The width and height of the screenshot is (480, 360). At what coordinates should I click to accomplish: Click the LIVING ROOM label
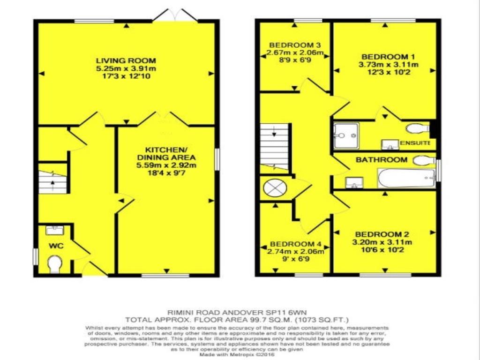point(126,60)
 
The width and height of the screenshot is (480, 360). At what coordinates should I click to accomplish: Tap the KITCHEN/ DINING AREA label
point(166,154)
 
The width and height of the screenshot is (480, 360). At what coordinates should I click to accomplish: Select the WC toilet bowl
point(55,264)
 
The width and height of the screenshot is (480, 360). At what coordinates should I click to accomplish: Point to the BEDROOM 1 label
point(388,57)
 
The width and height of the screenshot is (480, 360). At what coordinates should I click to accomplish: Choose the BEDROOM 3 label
point(295,45)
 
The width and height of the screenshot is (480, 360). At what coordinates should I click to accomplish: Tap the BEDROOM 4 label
point(295,244)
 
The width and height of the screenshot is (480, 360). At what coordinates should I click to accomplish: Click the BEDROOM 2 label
point(382,234)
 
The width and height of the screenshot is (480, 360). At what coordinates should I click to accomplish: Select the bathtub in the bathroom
point(406,178)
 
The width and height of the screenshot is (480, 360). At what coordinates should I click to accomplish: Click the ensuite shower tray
point(346,135)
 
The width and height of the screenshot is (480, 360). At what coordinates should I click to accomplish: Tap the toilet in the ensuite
point(418,128)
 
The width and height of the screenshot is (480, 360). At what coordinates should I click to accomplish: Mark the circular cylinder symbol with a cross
point(275,188)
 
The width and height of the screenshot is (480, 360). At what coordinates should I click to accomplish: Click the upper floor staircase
point(274,148)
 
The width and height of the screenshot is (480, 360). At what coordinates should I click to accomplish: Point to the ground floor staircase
point(52,182)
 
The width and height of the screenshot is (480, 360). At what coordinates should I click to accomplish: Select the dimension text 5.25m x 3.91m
point(126,68)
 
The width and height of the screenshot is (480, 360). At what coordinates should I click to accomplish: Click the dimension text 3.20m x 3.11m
point(382,242)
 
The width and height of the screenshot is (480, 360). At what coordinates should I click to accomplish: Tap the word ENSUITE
point(415,143)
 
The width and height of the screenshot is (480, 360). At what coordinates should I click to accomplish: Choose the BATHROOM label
point(382,159)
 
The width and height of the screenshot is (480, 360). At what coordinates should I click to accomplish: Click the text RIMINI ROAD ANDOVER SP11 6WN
point(237,313)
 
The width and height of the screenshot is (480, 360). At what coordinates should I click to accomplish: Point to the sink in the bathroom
point(354,182)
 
